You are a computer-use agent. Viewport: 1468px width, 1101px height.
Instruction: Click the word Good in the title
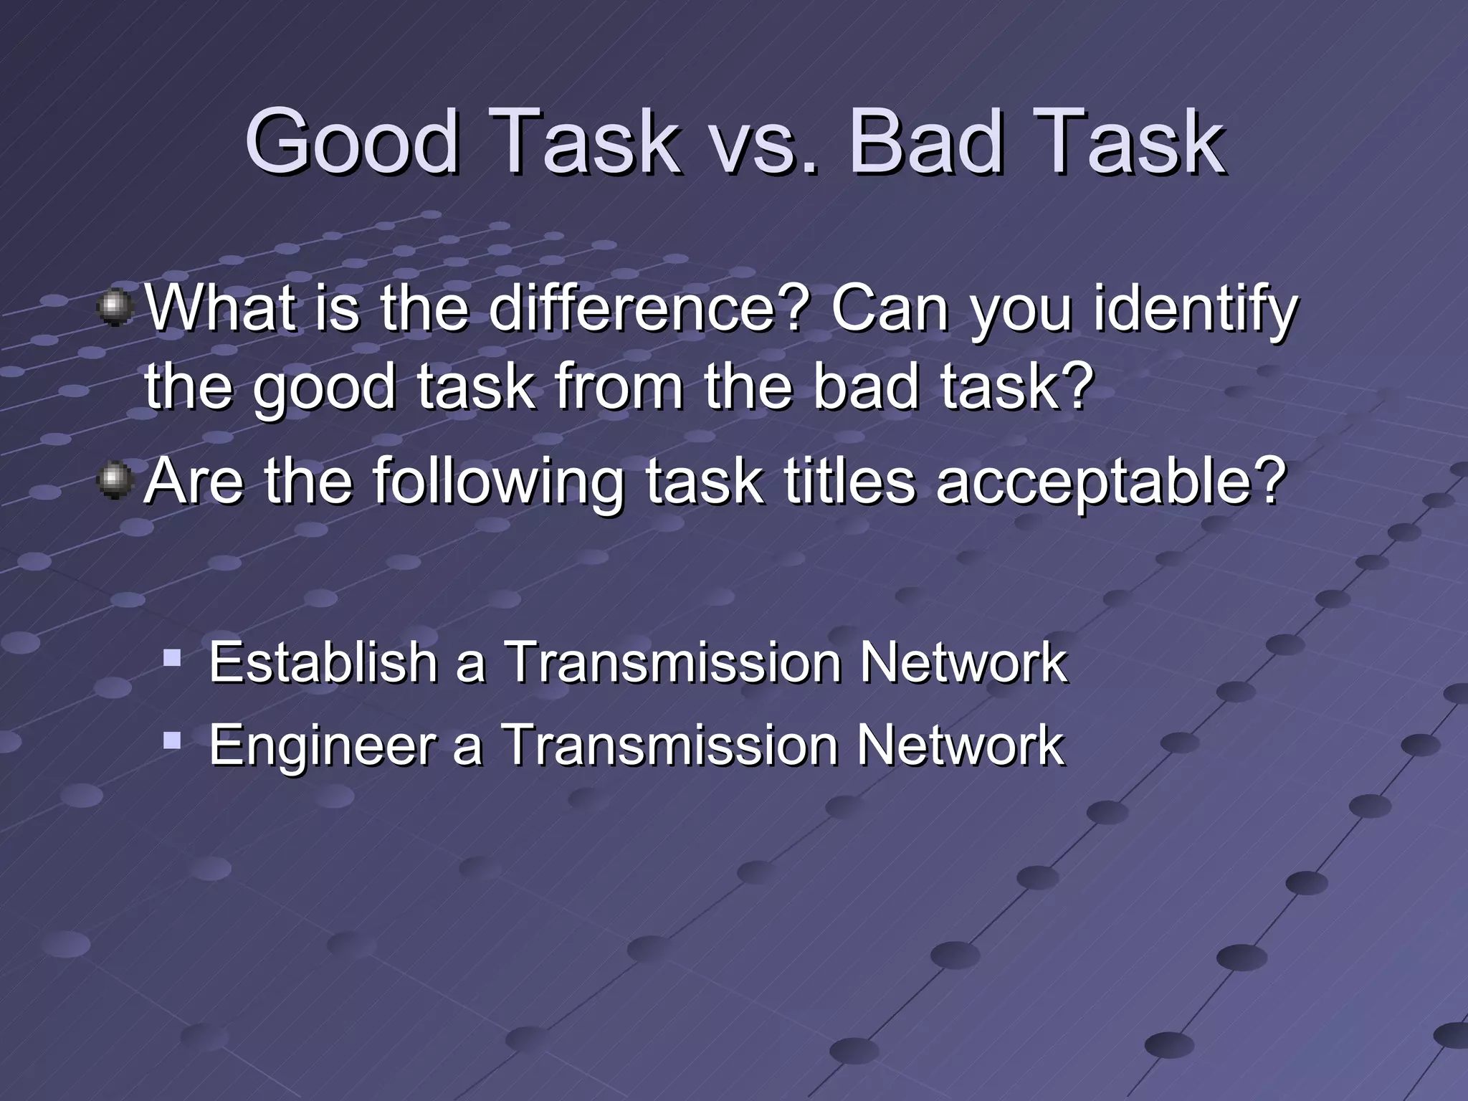[351, 141]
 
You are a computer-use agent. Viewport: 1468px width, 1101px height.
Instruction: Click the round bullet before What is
[115, 308]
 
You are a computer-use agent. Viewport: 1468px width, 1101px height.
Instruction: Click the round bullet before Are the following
[115, 480]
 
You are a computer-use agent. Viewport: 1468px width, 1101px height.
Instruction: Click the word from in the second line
[619, 387]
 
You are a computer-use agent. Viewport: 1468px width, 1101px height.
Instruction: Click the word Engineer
[323, 745]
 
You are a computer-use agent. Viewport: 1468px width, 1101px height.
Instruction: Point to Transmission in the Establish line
[672, 662]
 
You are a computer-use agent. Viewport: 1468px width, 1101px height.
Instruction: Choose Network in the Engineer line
[961, 745]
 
